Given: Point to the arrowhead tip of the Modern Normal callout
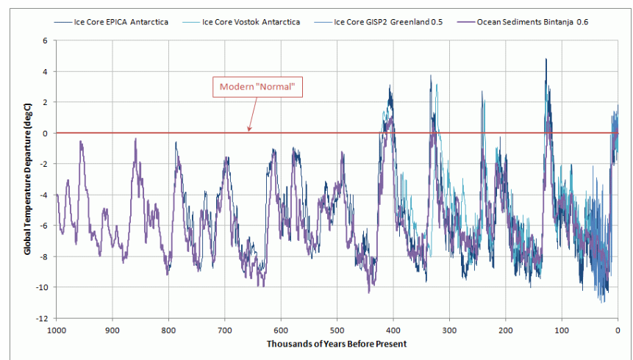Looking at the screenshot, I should pyautogui.click(x=249, y=132).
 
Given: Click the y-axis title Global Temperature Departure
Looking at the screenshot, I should pyautogui.click(x=27, y=179).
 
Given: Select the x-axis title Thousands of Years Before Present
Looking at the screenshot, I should pyautogui.click(x=337, y=344).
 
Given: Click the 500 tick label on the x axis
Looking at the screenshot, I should pyautogui.click(x=337, y=329).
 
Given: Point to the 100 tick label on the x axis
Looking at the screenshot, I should pyautogui.click(x=562, y=329).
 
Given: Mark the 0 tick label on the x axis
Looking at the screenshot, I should pyautogui.click(x=618, y=329).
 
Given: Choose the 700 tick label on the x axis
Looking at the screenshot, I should pyautogui.click(x=225, y=329).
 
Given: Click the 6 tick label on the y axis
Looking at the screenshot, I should pyautogui.click(x=45, y=41).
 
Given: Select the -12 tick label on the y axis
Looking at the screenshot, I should pyautogui.click(x=42, y=317).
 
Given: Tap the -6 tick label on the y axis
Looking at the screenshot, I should pyautogui.click(x=43, y=226).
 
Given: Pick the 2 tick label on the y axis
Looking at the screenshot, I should pyautogui.click(x=45, y=102).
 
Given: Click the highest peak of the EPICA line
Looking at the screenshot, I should pyautogui.click(x=546, y=60).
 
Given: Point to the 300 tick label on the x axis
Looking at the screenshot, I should pyautogui.click(x=449, y=329).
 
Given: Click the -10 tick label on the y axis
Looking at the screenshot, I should pyautogui.click(x=42, y=287).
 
